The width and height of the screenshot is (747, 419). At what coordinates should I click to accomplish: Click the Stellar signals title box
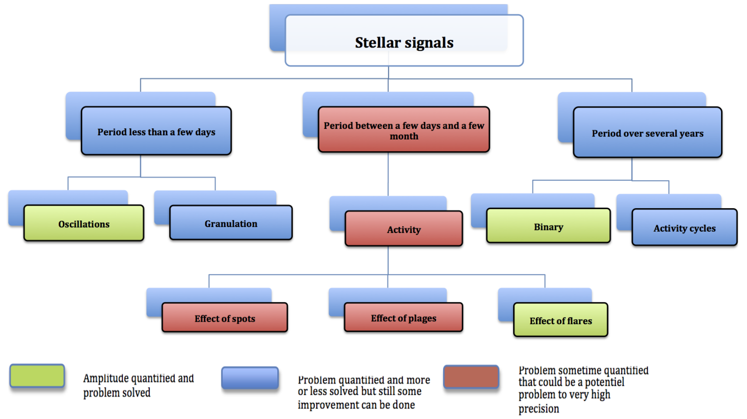(404, 40)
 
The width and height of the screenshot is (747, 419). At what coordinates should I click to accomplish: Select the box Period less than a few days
(156, 131)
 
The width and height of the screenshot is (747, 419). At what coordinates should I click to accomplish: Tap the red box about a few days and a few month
(404, 130)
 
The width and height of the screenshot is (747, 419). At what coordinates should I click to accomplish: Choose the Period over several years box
(648, 133)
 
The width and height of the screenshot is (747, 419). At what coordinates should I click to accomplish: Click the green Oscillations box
(84, 223)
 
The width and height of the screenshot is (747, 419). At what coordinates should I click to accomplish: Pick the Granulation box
(231, 223)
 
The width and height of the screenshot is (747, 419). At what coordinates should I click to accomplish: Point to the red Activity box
(404, 229)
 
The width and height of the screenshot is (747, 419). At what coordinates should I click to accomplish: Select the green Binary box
(548, 226)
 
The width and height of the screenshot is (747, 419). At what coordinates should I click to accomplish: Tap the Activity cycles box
(685, 227)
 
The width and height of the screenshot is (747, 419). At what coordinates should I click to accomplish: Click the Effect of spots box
(225, 317)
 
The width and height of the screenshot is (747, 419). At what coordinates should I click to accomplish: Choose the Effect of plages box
(403, 317)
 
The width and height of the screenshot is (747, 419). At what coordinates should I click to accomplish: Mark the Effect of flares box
(561, 320)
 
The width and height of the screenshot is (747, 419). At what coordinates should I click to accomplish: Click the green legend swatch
(37, 376)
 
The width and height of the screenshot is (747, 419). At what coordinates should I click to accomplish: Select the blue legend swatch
(250, 378)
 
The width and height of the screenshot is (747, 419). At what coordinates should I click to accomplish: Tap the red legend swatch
(471, 377)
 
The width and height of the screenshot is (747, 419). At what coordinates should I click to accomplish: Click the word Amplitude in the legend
(106, 378)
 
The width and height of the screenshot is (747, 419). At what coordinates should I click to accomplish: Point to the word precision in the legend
(539, 409)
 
